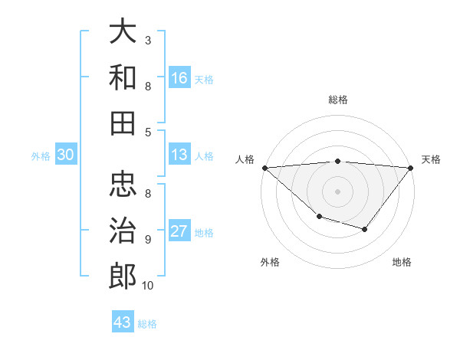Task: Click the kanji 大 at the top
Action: click(123, 31)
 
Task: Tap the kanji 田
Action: click(123, 122)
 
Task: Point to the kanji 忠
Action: click(123, 185)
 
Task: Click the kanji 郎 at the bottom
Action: click(123, 275)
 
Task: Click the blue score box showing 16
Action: click(179, 77)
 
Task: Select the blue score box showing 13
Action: click(179, 155)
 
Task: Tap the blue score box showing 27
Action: click(179, 231)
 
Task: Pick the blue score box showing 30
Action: click(66, 155)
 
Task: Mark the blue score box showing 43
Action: click(123, 322)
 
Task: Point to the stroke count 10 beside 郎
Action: click(148, 286)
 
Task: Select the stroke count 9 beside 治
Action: click(148, 240)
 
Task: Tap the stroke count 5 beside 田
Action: click(148, 132)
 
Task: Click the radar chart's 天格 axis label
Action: click(431, 159)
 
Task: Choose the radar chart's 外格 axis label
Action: click(270, 262)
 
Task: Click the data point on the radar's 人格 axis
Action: click(264, 168)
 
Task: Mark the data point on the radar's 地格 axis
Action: click(365, 229)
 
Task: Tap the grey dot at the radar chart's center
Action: click(337, 191)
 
